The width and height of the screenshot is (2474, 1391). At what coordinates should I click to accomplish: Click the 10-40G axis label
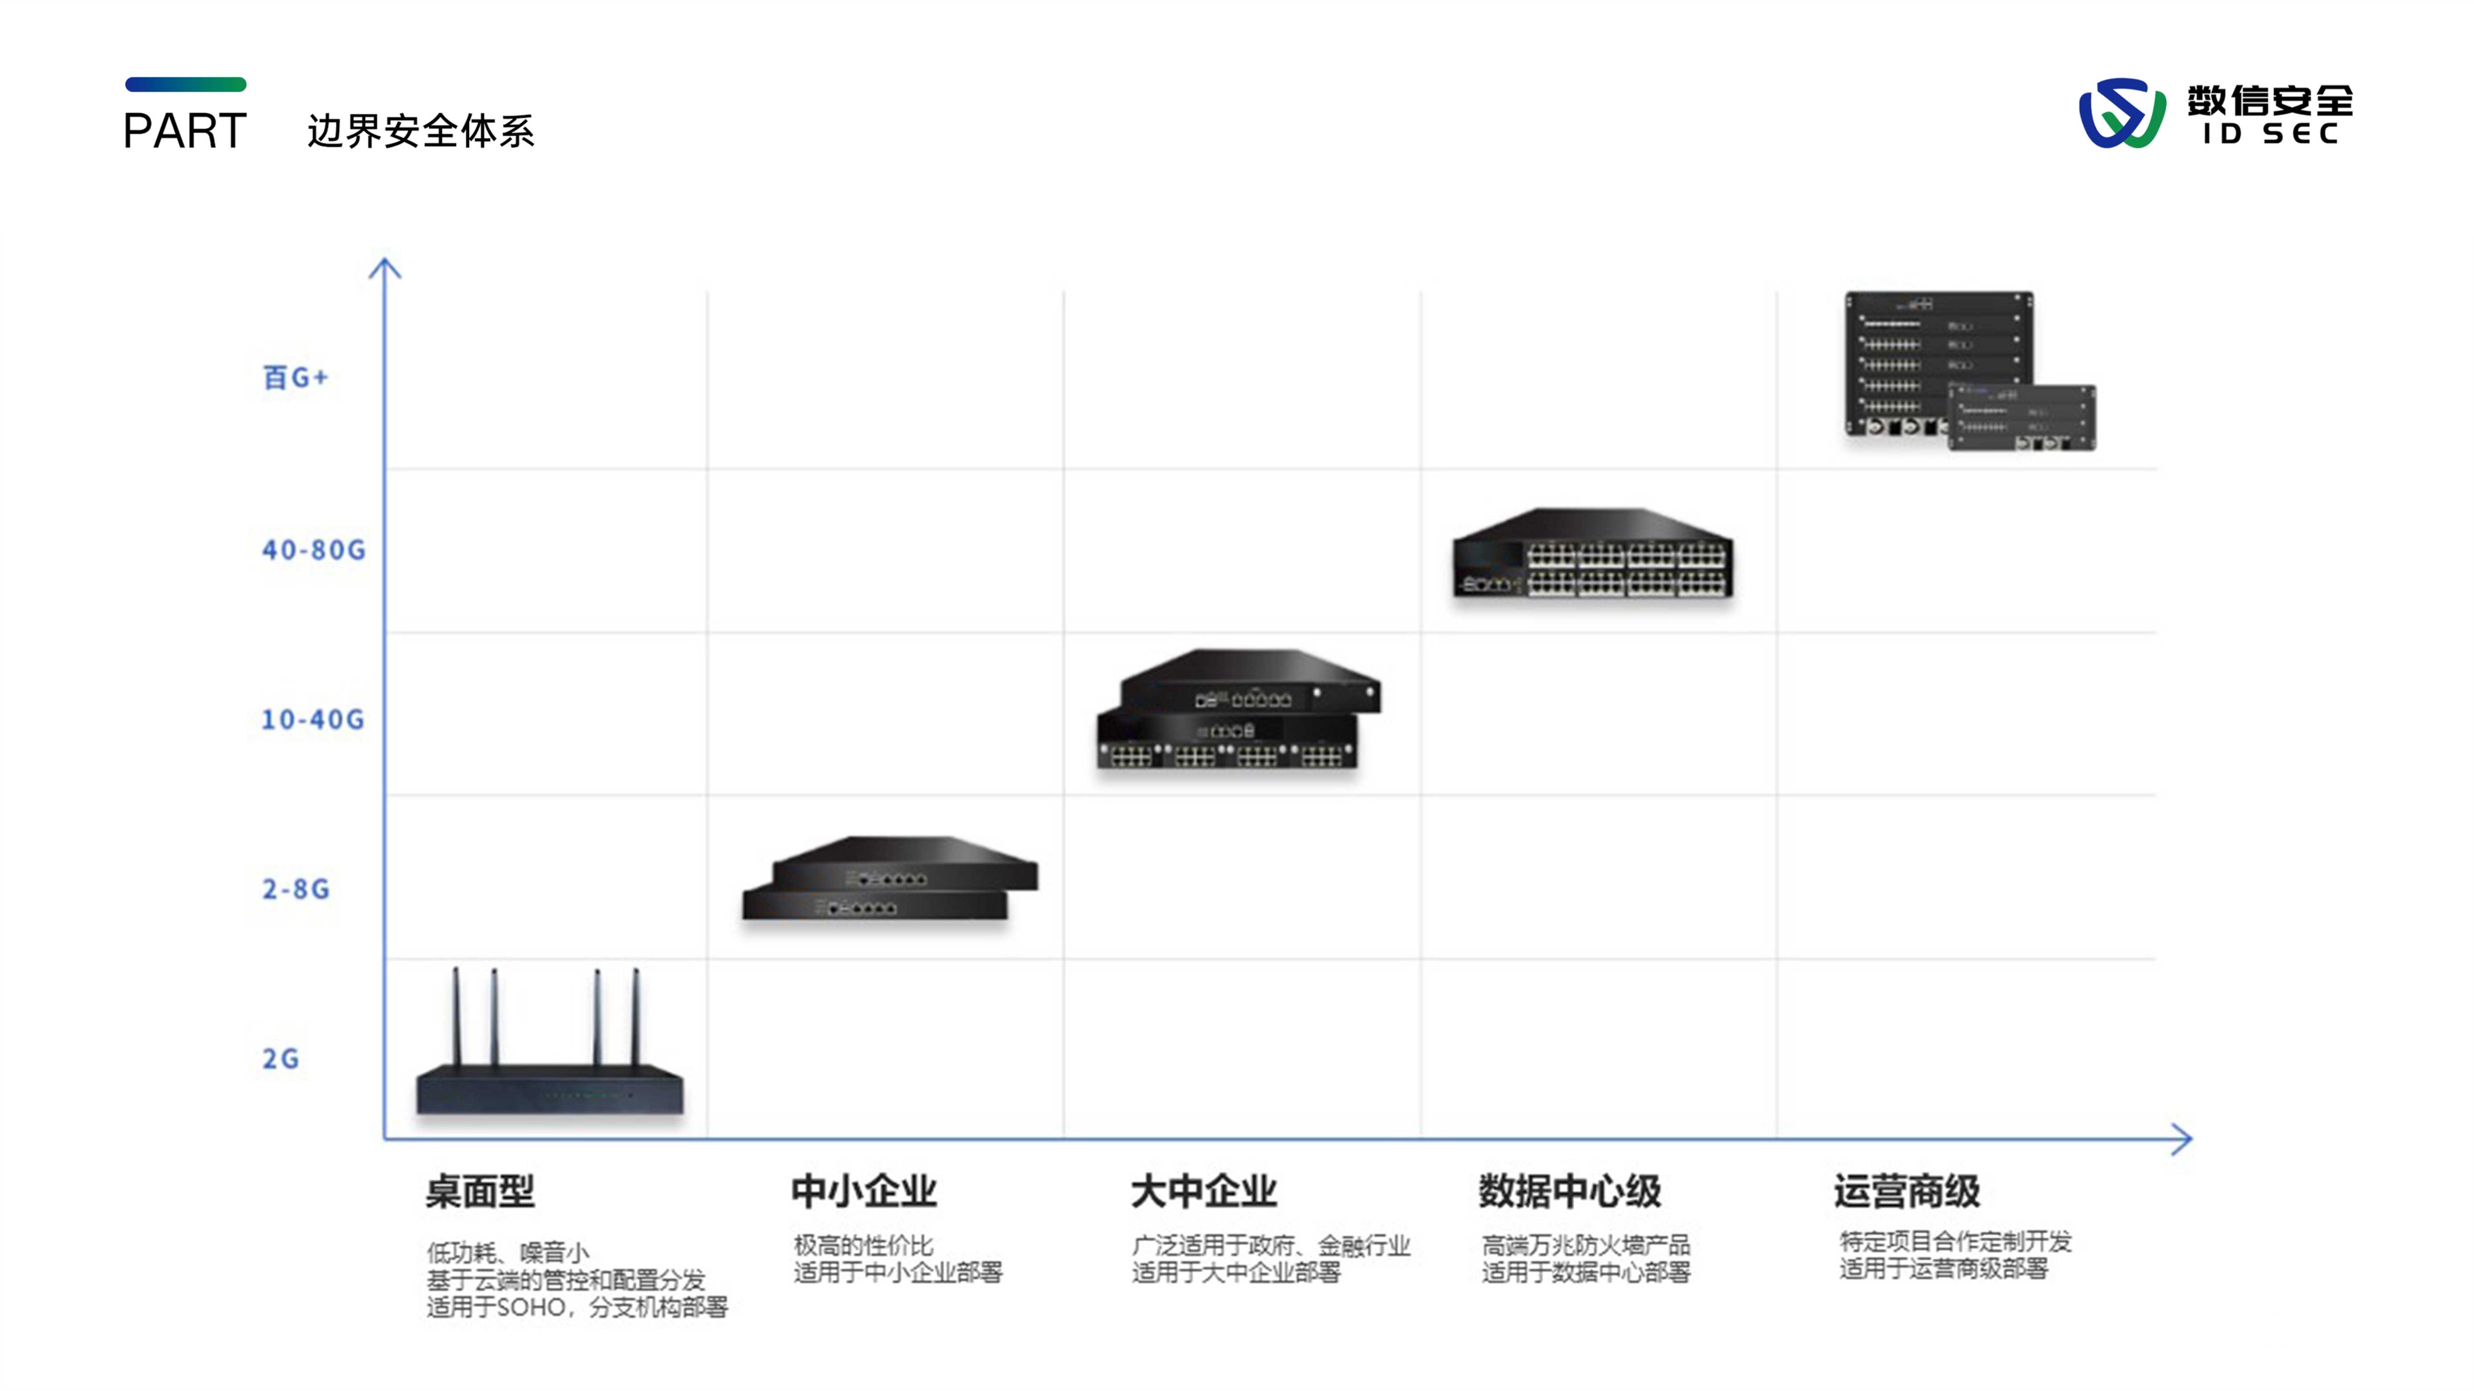click(313, 719)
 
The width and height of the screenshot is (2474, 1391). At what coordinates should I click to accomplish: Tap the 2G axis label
click(280, 1059)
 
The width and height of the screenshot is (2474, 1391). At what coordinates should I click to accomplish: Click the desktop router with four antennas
click(549, 1066)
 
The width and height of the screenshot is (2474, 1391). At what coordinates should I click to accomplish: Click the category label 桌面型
click(480, 1191)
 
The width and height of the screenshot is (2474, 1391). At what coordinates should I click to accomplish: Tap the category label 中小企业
click(863, 1191)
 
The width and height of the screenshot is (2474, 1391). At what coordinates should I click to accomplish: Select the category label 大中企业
click(1204, 1191)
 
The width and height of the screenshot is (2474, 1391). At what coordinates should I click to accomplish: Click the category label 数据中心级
click(1569, 1191)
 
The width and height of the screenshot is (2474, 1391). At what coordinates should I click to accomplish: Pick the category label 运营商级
click(1907, 1191)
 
